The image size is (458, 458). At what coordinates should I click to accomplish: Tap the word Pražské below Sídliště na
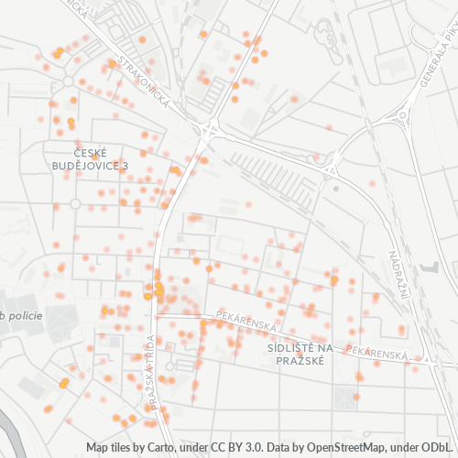300,361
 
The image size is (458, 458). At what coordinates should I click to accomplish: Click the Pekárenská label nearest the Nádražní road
376,353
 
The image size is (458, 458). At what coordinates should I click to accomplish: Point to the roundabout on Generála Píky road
400,114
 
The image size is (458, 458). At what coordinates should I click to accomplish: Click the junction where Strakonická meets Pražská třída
209,130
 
